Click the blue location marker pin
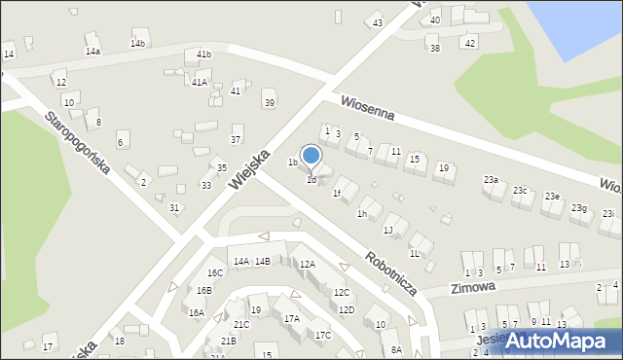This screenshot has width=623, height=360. (x=311, y=155)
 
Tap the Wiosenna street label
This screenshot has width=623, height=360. (x=367, y=108)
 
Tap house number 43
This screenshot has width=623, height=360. (x=378, y=22)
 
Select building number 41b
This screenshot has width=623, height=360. (x=203, y=54)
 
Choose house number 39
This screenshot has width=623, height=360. (x=270, y=103)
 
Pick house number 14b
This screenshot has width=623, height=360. (x=138, y=44)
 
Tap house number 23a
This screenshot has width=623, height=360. (x=491, y=180)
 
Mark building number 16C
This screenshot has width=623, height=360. (x=215, y=273)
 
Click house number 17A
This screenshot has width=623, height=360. (x=291, y=318)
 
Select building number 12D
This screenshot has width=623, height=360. (x=347, y=309)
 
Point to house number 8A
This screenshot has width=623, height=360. (x=396, y=349)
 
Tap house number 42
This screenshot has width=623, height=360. (x=470, y=43)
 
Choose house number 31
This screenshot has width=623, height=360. (x=174, y=207)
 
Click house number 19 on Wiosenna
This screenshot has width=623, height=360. (x=443, y=168)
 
